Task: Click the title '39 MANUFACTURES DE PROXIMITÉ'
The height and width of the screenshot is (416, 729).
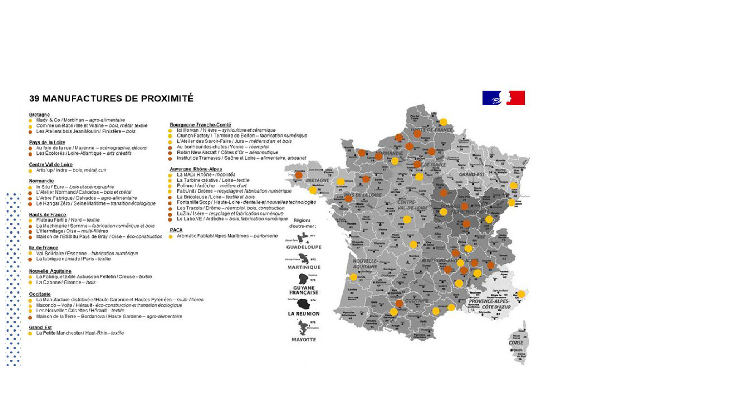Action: [111, 98]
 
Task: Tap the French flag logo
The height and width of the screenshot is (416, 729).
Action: [503, 98]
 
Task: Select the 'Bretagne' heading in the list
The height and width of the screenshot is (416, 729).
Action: [39, 115]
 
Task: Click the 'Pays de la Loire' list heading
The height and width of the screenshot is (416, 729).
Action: [47, 142]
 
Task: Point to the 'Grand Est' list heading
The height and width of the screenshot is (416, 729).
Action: [40, 327]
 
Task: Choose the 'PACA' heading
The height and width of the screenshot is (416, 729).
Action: [176, 230]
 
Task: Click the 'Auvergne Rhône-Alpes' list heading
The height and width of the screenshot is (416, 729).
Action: [196, 169]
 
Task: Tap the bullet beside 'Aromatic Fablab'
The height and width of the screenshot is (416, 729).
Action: [171, 236]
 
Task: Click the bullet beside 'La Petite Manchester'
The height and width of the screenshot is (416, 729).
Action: [30, 333]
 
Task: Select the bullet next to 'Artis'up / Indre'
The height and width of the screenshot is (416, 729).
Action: [30, 171]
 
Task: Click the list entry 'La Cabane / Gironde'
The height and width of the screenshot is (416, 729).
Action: [66, 282]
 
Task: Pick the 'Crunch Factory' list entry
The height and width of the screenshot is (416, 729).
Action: [242, 136]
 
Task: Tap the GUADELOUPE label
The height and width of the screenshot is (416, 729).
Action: [304, 247]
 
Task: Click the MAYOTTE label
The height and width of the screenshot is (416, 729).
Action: [304, 340]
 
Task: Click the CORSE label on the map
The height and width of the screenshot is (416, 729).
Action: [516, 343]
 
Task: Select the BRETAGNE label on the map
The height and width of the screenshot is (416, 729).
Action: [317, 180]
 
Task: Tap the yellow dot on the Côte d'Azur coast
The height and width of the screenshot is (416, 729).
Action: [521, 294]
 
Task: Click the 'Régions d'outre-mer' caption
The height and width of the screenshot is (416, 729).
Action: [303, 223]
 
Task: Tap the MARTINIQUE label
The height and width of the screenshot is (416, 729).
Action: [304, 267]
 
